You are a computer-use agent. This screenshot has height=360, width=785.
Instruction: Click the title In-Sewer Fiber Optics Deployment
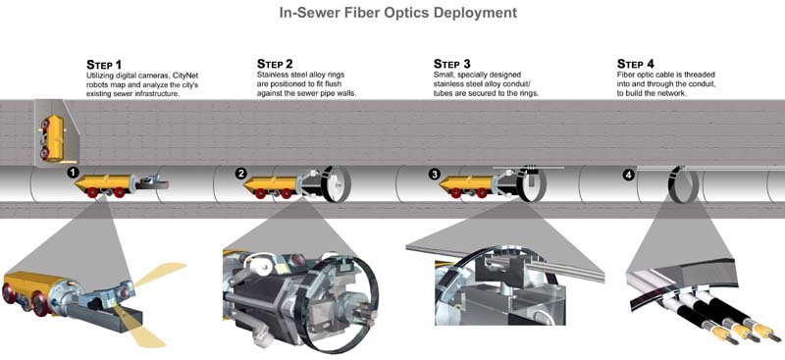[398, 12]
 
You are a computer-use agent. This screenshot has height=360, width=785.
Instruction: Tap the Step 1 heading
[104, 65]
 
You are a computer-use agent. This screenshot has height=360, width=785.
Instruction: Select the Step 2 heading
[275, 64]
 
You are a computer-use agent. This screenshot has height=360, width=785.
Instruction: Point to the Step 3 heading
[452, 64]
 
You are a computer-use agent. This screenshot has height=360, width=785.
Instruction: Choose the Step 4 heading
[635, 64]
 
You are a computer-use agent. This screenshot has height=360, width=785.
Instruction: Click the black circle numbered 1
[74, 173]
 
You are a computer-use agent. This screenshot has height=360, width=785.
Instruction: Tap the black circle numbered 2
[241, 174]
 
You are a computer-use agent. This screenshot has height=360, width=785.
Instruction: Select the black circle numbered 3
[434, 174]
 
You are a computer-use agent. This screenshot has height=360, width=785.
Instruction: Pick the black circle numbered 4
[628, 175]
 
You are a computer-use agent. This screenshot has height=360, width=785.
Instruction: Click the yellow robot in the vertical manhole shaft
[50, 136]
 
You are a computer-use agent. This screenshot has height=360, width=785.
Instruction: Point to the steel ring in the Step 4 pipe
[681, 184]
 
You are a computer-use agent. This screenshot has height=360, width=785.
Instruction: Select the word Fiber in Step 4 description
[626, 75]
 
